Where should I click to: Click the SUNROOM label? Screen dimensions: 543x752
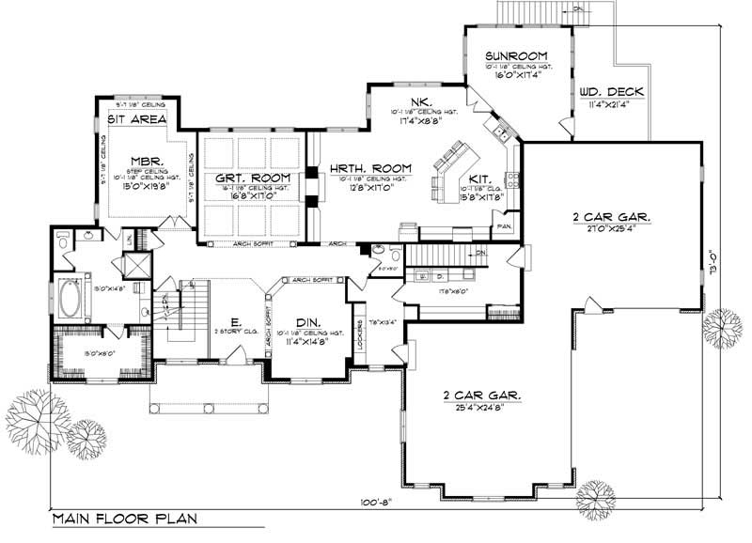(516, 55)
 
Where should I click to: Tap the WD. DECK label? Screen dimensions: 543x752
(612, 91)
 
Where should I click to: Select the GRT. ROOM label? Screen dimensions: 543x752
(250, 178)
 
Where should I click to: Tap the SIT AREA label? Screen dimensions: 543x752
(136, 119)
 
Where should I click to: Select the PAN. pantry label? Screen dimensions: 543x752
(505, 226)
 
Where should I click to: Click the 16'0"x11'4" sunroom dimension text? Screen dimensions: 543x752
(516, 74)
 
